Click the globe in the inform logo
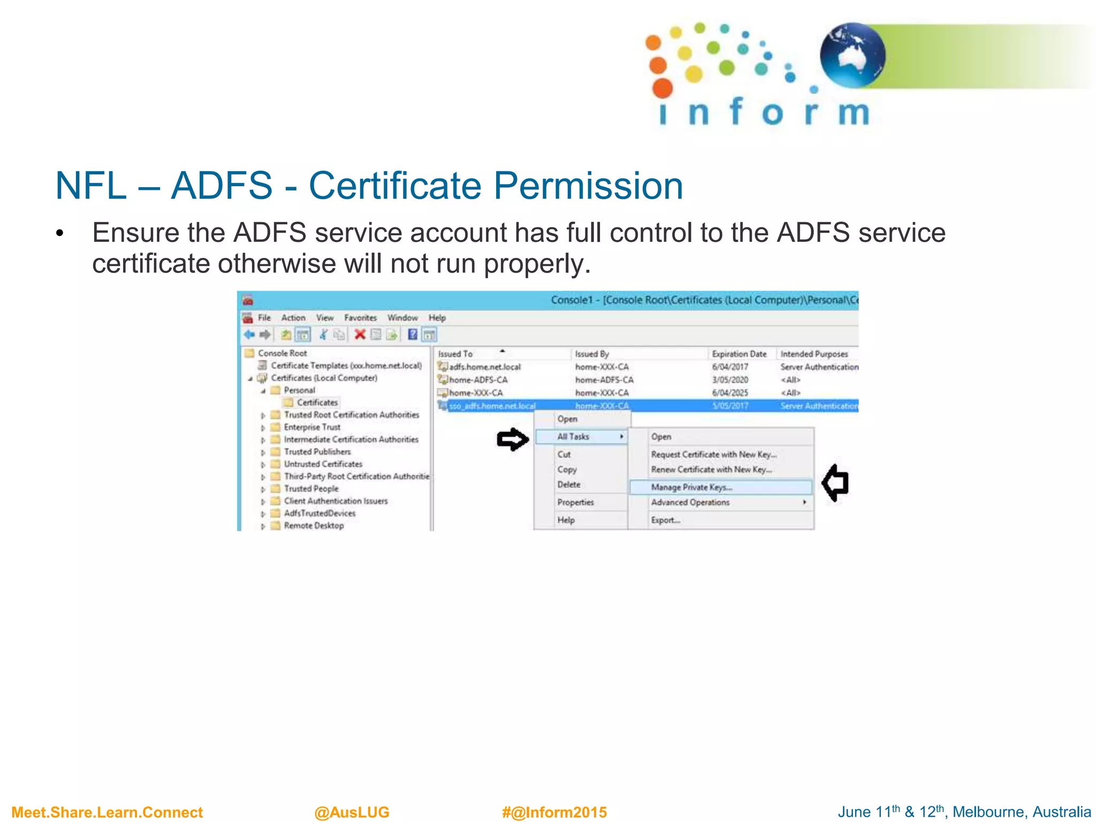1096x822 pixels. [852, 55]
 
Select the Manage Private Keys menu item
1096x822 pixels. [691, 487]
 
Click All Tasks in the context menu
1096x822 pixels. [573, 437]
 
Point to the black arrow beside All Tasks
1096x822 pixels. [512, 439]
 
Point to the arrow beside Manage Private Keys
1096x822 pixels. [835, 483]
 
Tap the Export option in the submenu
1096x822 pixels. [665, 520]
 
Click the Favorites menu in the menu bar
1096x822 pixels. [360, 318]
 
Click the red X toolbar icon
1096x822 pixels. [360, 334]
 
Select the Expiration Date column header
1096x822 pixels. [739, 354]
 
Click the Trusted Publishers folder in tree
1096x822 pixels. [317, 452]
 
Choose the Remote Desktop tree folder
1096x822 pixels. [314, 526]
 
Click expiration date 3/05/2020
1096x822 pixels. [730, 380]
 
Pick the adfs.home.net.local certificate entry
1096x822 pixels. [484, 367]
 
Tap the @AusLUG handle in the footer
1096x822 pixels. [352, 812]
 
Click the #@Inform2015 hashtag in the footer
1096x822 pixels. [554, 812]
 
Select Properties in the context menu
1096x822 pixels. [575, 503]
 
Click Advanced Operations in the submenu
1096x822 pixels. [690, 503]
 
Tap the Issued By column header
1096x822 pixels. [592, 354]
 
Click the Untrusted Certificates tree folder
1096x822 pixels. [323, 464]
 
